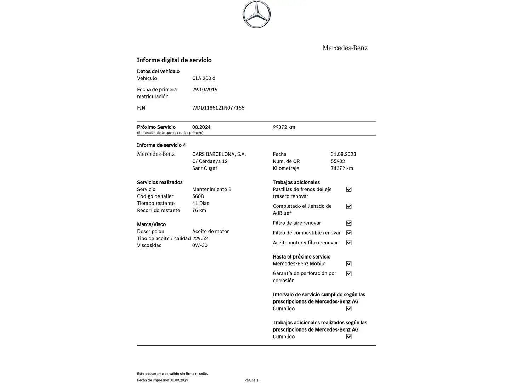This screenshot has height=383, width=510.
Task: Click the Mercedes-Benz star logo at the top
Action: pyautogui.click(x=256, y=14)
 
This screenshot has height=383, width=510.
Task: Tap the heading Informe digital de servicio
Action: pyautogui.click(x=174, y=60)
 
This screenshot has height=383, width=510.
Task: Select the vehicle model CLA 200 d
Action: pyautogui.click(x=204, y=78)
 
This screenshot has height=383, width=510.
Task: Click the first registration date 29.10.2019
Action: pyautogui.click(x=205, y=90)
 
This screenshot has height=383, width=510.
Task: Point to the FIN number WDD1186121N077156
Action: pyautogui.click(x=218, y=108)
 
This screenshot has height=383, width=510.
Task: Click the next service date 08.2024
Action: pyautogui.click(x=201, y=127)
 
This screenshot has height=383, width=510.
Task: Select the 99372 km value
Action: pyautogui.click(x=284, y=127)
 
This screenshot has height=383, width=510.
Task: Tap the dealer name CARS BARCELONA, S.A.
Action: pyautogui.click(x=219, y=154)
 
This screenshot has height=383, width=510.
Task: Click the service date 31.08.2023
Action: pyautogui.click(x=343, y=154)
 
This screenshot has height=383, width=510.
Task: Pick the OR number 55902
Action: pyautogui.click(x=338, y=161)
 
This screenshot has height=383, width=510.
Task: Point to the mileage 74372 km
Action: pyautogui.click(x=342, y=168)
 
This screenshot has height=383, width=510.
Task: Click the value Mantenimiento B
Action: pyautogui.click(x=212, y=189)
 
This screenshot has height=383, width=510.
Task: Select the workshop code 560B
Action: pyautogui.click(x=198, y=196)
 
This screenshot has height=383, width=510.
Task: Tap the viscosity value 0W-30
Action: pyautogui.click(x=200, y=245)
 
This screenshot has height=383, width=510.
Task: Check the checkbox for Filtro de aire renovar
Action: pyautogui.click(x=349, y=223)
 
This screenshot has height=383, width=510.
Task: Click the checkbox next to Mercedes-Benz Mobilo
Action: pyautogui.click(x=349, y=264)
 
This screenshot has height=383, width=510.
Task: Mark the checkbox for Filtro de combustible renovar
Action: pyautogui.click(x=349, y=233)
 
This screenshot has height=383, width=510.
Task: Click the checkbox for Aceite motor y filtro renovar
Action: pyautogui.click(x=349, y=243)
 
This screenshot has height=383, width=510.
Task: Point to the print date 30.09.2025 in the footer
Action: pyautogui.click(x=179, y=380)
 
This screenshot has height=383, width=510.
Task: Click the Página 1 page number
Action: pyautogui.click(x=251, y=380)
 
